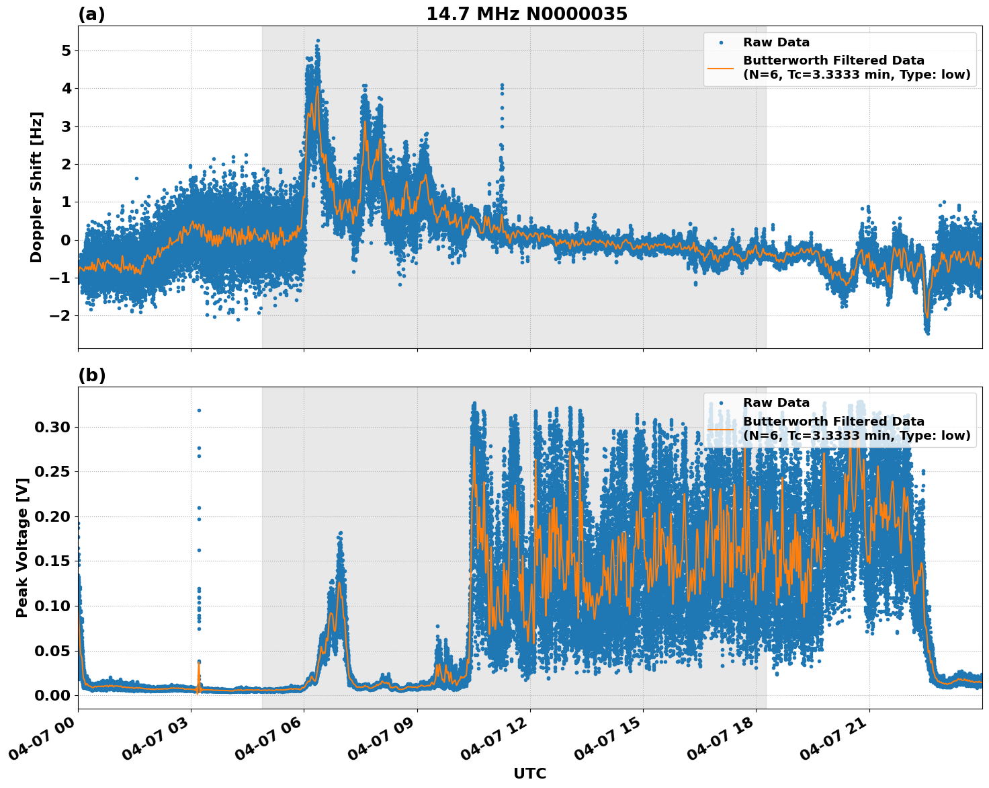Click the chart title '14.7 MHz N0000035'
[527, 14]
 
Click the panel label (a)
[91, 14]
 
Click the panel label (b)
[91, 375]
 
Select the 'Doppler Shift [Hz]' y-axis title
[36, 187]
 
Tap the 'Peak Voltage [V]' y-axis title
[22, 562]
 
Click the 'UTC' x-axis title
[529, 773]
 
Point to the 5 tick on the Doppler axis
[66, 51]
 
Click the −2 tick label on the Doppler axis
[62, 316]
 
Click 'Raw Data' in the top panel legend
[776, 42]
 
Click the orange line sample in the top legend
[720, 67]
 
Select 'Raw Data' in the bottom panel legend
[776, 403]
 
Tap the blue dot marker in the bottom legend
[721, 403]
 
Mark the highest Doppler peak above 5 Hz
[318, 40]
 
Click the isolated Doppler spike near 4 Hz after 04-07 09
[501, 85]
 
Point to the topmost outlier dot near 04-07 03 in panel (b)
[199, 410]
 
